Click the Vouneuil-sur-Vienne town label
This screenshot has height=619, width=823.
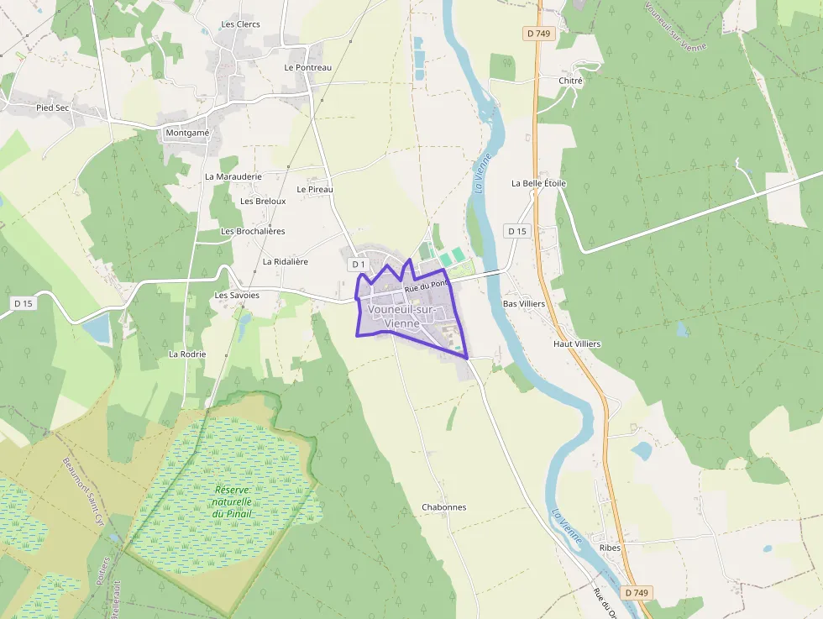[401, 316]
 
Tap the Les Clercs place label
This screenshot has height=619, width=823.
[240, 24]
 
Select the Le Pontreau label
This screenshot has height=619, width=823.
[307, 67]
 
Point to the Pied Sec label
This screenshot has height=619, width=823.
[52, 108]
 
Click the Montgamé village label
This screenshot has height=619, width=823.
[187, 133]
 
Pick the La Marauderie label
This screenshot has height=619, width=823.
[233, 177]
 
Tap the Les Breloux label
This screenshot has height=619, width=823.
[263, 202]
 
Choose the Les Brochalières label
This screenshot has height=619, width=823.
[253, 231]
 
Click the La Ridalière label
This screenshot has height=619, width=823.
[286, 262]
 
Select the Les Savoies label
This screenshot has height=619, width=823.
[237, 296]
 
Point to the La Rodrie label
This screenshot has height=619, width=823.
[187, 354]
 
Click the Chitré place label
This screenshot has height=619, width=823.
[570, 81]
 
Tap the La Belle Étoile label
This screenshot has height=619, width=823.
[538, 183]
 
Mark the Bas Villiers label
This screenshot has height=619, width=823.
[523, 303]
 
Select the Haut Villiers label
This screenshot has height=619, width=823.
[577, 344]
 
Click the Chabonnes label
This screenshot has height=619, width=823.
[443, 507]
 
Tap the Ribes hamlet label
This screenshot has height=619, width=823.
[611, 548]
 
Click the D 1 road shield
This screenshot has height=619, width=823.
[358, 265]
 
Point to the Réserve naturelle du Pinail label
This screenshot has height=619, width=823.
[233, 501]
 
